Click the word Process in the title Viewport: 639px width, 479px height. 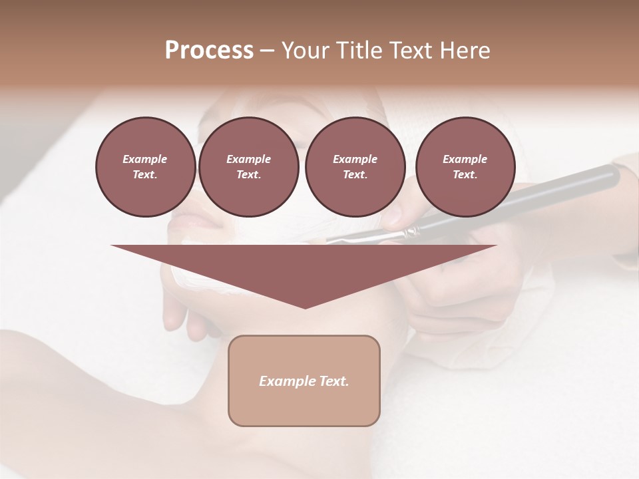tap(209, 51)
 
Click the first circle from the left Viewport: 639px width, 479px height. tap(145, 167)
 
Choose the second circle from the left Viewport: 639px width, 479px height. tap(248, 167)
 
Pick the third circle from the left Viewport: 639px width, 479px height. tap(355, 167)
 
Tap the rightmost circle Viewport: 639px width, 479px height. tap(465, 167)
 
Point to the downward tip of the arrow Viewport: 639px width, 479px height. tap(305, 307)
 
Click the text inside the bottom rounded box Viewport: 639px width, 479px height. tap(304, 381)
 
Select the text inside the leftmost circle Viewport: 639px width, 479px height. tap(145, 167)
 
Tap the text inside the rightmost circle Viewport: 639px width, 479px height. tap(465, 167)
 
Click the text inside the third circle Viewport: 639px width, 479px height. tap(355, 167)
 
